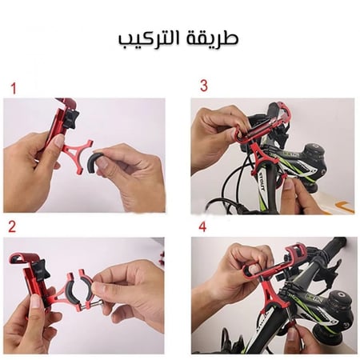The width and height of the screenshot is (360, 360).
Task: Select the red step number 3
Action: coord(203,85)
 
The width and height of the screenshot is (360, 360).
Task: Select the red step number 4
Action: coord(202,226)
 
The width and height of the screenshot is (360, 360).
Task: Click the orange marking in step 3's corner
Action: coord(342,206)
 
